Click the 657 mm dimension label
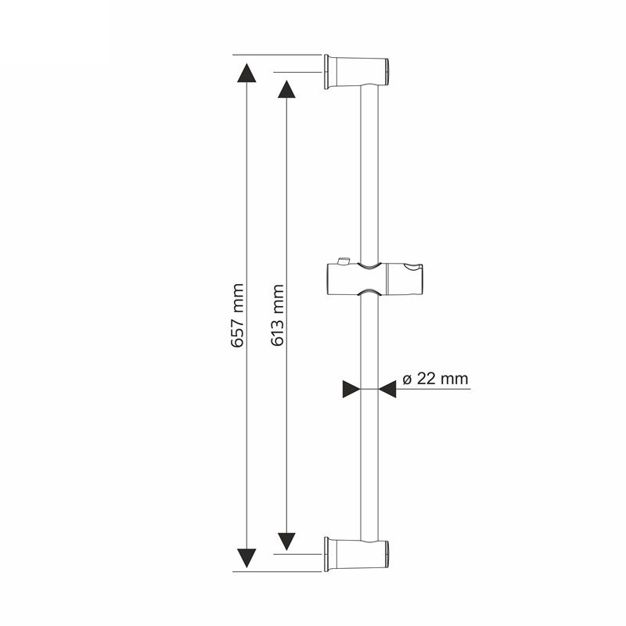(x=238, y=315)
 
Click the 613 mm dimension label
(x=277, y=315)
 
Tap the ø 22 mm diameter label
(x=435, y=379)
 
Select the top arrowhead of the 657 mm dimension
(x=246, y=73)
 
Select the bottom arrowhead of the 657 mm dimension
(x=246, y=558)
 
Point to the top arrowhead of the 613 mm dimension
(x=286, y=89)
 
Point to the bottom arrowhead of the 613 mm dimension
(x=286, y=541)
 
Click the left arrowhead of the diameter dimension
(x=351, y=389)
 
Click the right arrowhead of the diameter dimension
(x=387, y=389)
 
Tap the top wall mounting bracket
(x=357, y=72)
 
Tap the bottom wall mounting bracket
(x=357, y=554)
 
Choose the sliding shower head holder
(x=375, y=279)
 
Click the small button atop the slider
(x=344, y=261)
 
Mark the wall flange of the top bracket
(x=326, y=72)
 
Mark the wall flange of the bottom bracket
(x=326, y=554)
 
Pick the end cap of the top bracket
(x=387, y=72)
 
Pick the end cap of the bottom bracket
(x=387, y=554)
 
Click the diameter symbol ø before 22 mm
(x=407, y=380)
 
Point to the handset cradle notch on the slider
(x=413, y=266)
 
